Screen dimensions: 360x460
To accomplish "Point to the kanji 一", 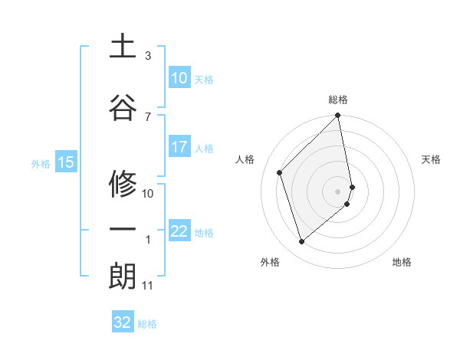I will tap(123, 228).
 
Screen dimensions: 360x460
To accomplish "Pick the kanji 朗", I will tap(123, 276).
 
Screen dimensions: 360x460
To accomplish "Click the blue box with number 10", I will tap(179, 78).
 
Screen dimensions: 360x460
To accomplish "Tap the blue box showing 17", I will tap(179, 147).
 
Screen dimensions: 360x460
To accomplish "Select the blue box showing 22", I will tap(179, 231).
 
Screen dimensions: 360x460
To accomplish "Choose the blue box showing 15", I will tap(65, 162).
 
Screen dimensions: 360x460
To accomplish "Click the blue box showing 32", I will tap(123, 322).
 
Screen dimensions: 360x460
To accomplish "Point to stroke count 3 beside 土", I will tap(148, 56).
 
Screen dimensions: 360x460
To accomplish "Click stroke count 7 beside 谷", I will tap(148, 116).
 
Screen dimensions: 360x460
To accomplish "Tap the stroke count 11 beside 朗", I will tap(148, 286).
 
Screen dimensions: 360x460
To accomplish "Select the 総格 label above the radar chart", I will tap(338, 100).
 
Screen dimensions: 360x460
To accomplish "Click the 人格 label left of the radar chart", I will tap(245, 159).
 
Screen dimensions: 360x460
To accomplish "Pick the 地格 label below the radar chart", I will tap(402, 262).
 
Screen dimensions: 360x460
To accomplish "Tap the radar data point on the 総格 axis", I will tap(338, 116).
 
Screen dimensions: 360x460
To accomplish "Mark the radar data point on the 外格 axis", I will tap(301, 242).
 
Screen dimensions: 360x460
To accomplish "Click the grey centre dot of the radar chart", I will tap(338, 191).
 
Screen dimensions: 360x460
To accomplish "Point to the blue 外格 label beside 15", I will tap(40, 163).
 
